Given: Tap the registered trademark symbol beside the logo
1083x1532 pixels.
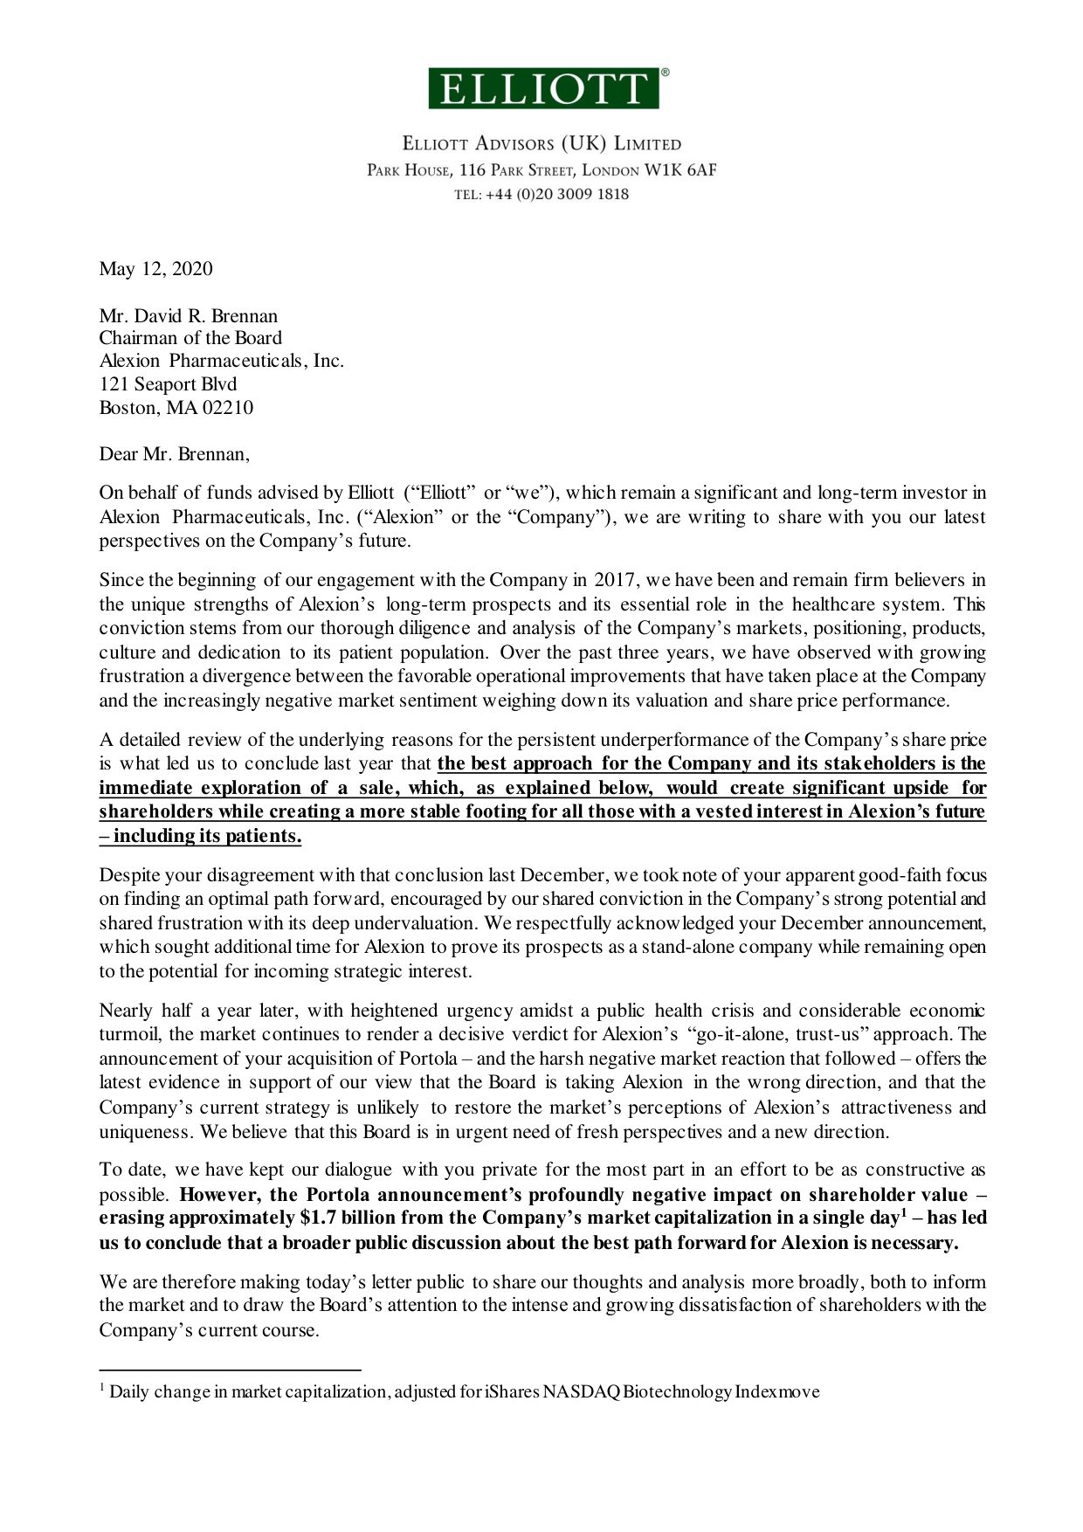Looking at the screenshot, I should pyautogui.click(x=666, y=73).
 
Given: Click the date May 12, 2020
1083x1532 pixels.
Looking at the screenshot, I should pyautogui.click(x=155, y=268).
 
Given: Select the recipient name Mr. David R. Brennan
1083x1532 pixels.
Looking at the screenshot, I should pyautogui.click(x=188, y=315).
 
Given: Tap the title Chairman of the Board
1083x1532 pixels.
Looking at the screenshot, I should pyautogui.click(x=190, y=338).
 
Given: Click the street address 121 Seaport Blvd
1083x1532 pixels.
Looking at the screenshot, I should pyautogui.click(x=168, y=384).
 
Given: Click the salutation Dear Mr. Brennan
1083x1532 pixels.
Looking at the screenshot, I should pyautogui.click(x=174, y=454).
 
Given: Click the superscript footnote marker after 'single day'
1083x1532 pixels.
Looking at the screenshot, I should pyautogui.click(x=904, y=1212).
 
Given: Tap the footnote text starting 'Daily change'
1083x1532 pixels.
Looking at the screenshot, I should pyautogui.click(x=464, y=1392).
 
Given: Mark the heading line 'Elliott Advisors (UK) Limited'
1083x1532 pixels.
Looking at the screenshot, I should pyautogui.click(x=541, y=144).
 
